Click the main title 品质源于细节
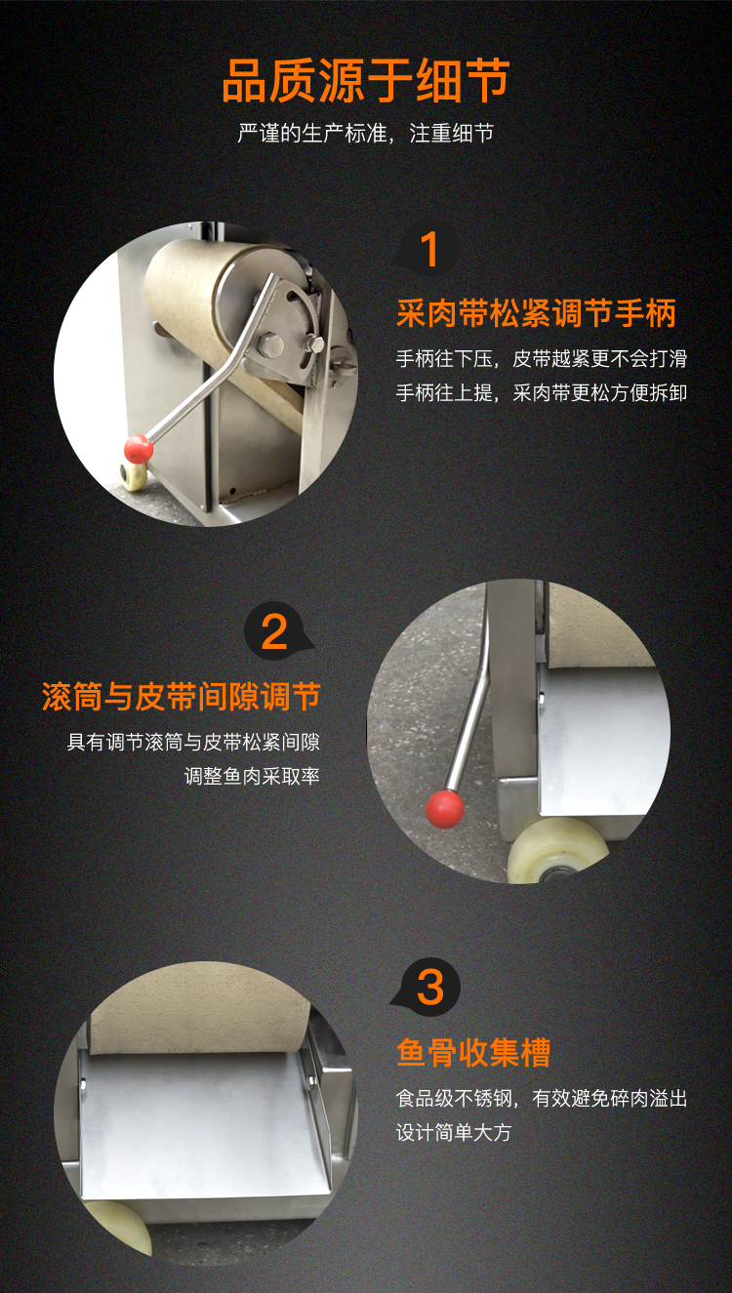[365, 81]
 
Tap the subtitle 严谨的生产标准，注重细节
[365, 134]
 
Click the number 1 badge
[428, 249]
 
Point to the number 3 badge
[428, 987]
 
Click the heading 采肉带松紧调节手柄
[536, 314]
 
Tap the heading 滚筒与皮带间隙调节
[182, 696]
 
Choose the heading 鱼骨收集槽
[473, 1052]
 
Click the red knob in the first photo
[139, 449]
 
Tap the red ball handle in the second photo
[444, 809]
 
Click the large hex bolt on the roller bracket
[269, 345]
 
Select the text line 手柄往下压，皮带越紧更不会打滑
[542, 359]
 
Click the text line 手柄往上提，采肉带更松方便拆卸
[542, 393]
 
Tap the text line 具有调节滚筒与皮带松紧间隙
[193, 742]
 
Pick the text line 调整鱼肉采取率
[252, 776]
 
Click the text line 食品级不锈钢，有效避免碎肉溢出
[542, 1098]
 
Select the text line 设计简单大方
[454, 1132]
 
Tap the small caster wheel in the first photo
[134, 475]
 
